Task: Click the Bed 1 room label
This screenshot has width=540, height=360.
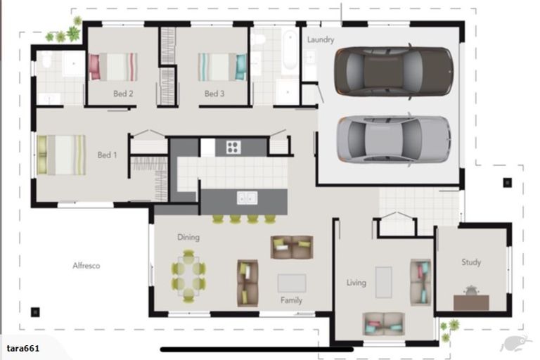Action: (x=107, y=155)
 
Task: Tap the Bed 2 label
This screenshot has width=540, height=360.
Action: (x=123, y=94)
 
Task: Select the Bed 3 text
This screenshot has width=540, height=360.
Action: (x=214, y=94)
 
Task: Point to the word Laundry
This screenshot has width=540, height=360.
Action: (x=321, y=40)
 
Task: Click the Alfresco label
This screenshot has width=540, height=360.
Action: (x=86, y=266)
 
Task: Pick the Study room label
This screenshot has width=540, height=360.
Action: (x=471, y=262)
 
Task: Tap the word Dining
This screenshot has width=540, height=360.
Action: (x=188, y=238)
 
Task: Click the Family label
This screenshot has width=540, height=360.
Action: (x=291, y=300)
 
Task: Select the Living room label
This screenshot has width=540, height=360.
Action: (x=356, y=283)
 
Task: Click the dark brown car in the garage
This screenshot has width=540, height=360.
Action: (x=394, y=71)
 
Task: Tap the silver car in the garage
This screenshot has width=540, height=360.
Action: (x=394, y=139)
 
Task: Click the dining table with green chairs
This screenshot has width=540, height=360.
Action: (x=188, y=276)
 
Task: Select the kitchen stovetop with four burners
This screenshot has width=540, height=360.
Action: (x=233, y=147)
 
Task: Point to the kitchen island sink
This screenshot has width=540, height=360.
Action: (x=247, y=198)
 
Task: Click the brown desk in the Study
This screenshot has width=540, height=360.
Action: (x=471, y=302)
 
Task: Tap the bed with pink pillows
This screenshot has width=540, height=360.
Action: (x=113, y=67)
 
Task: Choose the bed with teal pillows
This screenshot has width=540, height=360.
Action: (x=222, y=67)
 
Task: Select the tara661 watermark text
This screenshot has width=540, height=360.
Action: (x=23, y=348)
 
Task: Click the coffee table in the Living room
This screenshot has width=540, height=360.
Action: (x=384, y=282)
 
